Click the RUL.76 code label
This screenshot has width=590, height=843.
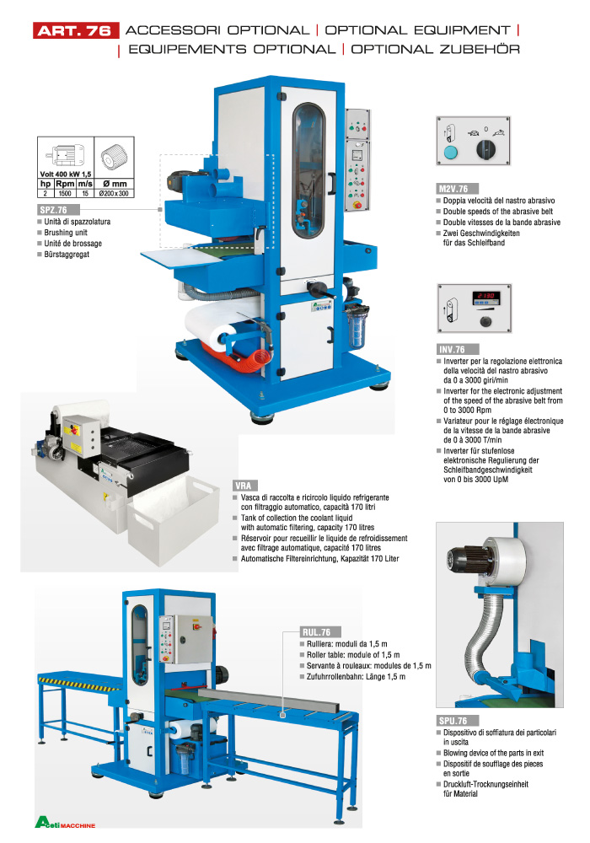[320, 631]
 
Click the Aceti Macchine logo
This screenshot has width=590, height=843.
[66, 822]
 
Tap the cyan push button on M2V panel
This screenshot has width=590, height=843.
[450, 152]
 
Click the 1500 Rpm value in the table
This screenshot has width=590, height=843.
[64, 193]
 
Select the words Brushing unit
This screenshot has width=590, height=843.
[67, 232]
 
